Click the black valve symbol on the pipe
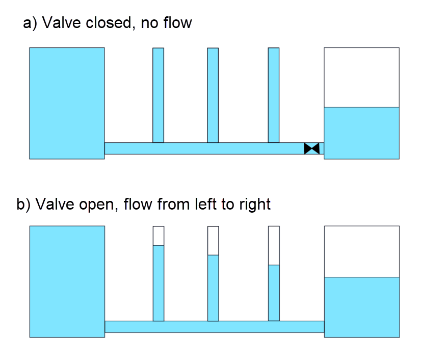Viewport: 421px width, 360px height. (311, 148)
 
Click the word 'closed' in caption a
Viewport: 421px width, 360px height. (108, 23)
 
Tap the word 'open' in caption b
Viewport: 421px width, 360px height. (95, 205)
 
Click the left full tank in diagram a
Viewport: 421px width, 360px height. (67, 103)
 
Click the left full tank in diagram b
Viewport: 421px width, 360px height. (67, 281)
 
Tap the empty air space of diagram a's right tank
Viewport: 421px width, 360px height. (361, 77)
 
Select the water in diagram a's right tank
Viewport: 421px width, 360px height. (361, 133)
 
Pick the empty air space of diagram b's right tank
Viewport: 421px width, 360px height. (361, 251)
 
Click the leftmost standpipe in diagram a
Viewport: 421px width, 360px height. (158, 95)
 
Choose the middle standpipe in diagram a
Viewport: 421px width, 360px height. (213, 95)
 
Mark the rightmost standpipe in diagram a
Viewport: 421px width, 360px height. (274, 95)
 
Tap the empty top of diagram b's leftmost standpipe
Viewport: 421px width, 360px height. (159, 236)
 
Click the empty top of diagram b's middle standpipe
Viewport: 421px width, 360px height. (213, 240)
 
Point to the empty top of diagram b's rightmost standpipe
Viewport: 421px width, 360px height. (274, 245)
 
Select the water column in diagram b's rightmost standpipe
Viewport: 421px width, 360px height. (274, 293)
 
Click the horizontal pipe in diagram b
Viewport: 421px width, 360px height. (214, 326)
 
